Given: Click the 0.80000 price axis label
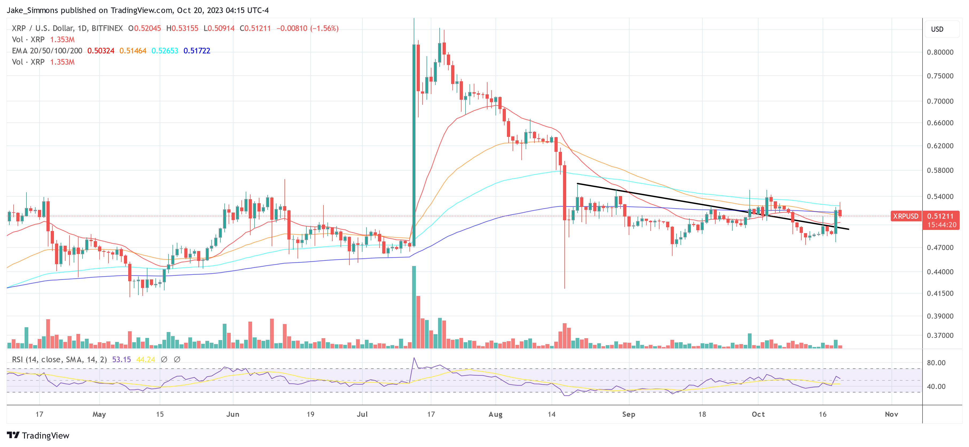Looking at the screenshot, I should [940, 52].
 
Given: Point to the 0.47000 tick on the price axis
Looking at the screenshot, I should [940, 248].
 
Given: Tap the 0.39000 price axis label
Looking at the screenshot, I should [940, 316].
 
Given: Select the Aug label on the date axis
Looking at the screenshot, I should [495, 414].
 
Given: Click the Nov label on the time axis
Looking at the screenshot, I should [891, 414].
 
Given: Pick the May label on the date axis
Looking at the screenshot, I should [99, 414].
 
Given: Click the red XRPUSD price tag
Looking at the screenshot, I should [905, 216].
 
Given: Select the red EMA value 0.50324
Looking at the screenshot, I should [101, 51].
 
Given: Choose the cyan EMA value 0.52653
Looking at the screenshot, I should [165, 51].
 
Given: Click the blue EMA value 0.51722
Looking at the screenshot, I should [197, 51].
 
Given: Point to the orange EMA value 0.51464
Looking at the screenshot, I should [133, 51].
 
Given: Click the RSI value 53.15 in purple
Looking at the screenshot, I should [122, 360].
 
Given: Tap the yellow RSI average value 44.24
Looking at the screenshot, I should [146, 360].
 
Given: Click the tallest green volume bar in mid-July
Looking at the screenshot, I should [414, 307].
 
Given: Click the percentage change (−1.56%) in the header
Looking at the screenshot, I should [324, 28].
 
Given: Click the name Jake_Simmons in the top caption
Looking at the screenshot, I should [32, 10].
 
